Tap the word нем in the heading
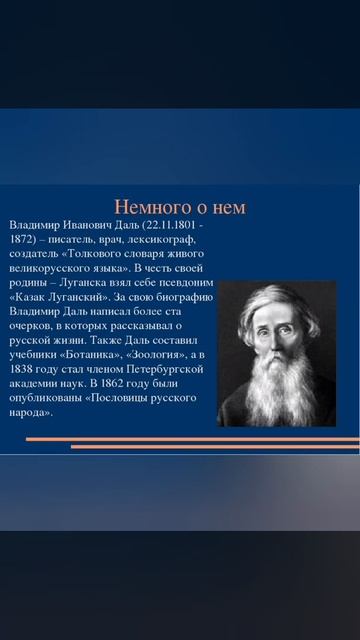227,208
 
